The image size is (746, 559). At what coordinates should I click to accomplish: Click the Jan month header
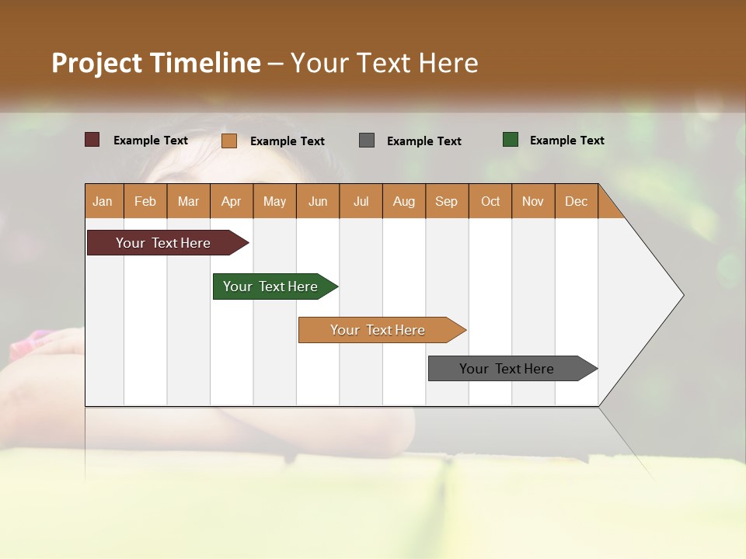pos(103,201)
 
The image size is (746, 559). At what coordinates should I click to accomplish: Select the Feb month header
pos(145,201)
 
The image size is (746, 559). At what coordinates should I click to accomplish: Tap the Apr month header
pos(232,201)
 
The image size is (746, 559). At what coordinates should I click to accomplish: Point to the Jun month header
pos(318,201)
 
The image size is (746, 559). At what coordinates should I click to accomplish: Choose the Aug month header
pos(404,201)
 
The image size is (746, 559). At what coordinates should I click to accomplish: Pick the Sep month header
pos(447,201)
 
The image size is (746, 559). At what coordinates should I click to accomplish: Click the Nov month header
pos(533,201)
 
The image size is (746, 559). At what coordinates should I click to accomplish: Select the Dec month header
pos(577,201)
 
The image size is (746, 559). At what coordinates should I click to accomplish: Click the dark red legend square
pos(92,140)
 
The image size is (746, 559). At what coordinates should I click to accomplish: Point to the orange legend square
pos(229,141)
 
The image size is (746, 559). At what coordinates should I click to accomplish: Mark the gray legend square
pos(367,140)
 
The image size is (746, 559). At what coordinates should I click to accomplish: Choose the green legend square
pos(511,140)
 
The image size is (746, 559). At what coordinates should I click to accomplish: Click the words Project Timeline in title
pos(156,63)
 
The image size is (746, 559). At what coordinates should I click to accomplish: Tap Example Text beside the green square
pos(566,141)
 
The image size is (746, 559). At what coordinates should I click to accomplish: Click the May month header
pos(274,201)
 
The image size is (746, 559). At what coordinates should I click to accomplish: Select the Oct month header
pos(490,201)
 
